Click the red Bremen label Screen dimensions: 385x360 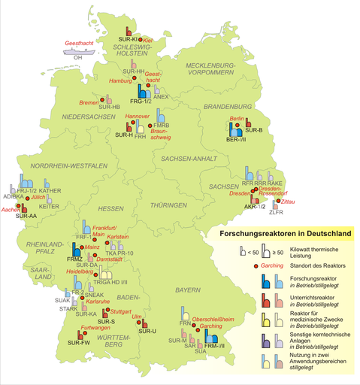click(89, 102)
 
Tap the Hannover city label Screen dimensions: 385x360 click(137, 117)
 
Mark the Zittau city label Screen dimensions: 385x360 click(287, 202)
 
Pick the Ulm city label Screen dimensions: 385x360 click(136, 317)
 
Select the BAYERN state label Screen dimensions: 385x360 click(188, 290)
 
